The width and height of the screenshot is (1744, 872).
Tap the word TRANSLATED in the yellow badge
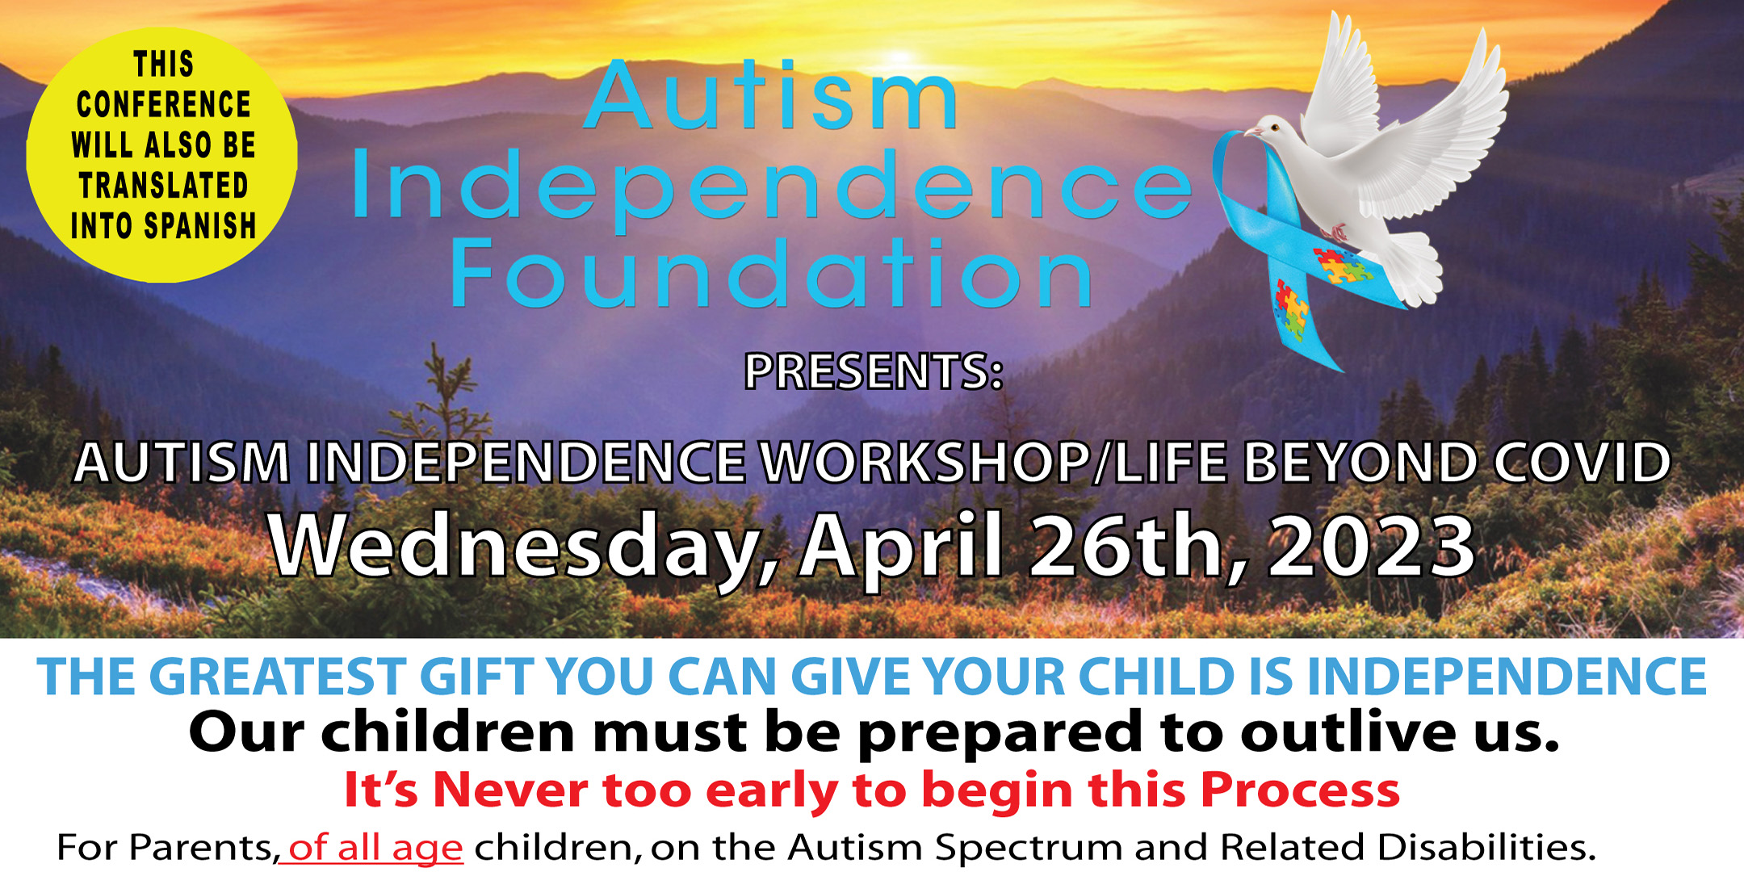coord(163,185)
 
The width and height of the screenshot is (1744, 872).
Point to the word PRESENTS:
coord(874,371)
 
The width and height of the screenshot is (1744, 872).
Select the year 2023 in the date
coord(1372,546)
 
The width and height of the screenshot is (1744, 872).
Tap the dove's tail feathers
coord(1409,266)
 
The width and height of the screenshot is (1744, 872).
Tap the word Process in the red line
coord(1300,789)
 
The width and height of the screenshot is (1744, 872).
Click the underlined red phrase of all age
coord(372,848)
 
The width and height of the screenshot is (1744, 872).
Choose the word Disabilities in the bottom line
coord(1408,847)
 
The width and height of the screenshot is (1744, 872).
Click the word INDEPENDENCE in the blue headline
coord(1507,676)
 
